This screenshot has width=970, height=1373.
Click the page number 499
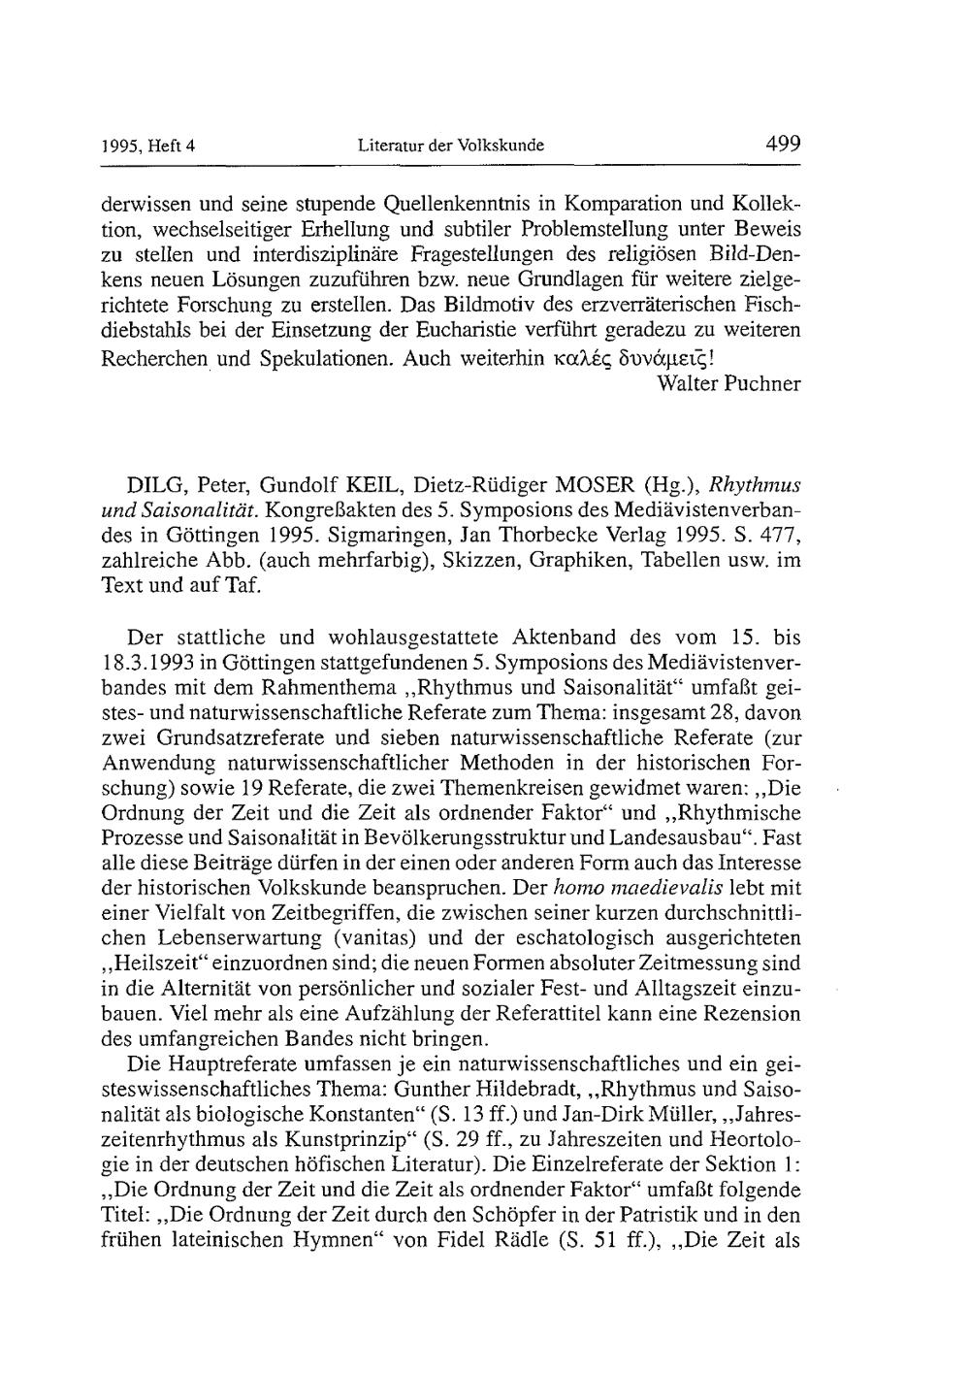(x=782, y=145)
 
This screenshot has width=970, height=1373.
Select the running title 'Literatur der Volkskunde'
(x=451, y=147)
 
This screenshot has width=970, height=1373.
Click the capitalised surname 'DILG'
(x=153, y=485)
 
